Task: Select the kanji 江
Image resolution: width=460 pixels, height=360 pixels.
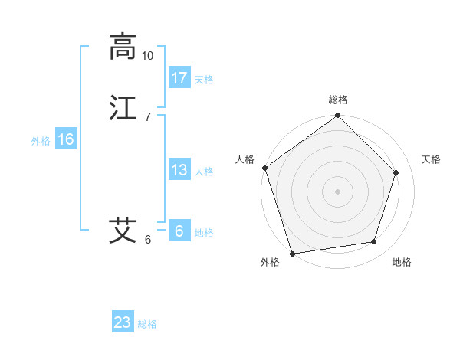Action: tap(123, 108)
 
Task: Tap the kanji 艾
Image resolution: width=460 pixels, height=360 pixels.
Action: tap(123, 230)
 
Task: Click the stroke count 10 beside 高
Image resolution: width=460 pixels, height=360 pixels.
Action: tap(148, 56)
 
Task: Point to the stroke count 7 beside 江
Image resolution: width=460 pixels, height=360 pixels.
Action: tap(148, 116)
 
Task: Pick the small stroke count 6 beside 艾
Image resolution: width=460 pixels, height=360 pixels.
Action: tap(148, 239)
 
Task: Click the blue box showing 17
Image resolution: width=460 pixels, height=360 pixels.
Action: tap(179, 78)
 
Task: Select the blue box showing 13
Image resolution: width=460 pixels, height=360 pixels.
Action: tap(179, 170)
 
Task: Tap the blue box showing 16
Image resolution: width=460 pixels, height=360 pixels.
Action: tap(66, 139)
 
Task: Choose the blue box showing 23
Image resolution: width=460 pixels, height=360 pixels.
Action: tap(123, 322)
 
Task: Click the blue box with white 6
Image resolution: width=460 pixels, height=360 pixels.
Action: tap(179, 231)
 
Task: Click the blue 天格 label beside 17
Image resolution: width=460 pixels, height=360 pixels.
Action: tap(204, 80)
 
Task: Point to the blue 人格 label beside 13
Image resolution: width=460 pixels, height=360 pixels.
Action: tap(204, 172)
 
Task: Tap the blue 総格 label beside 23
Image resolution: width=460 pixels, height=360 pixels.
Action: tap(148, 324)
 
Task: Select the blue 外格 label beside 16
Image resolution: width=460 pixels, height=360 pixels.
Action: tap(41, 141)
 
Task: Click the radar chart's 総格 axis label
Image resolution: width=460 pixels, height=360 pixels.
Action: tap(338, 100)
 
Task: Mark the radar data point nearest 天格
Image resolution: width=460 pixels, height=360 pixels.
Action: tap(396, 172)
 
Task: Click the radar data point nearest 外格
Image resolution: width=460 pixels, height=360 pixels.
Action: tap(292, 253)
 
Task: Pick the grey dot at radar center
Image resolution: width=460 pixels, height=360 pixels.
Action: tap(338, 191)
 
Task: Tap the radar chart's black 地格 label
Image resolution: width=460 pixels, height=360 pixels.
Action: tap(402, 263)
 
